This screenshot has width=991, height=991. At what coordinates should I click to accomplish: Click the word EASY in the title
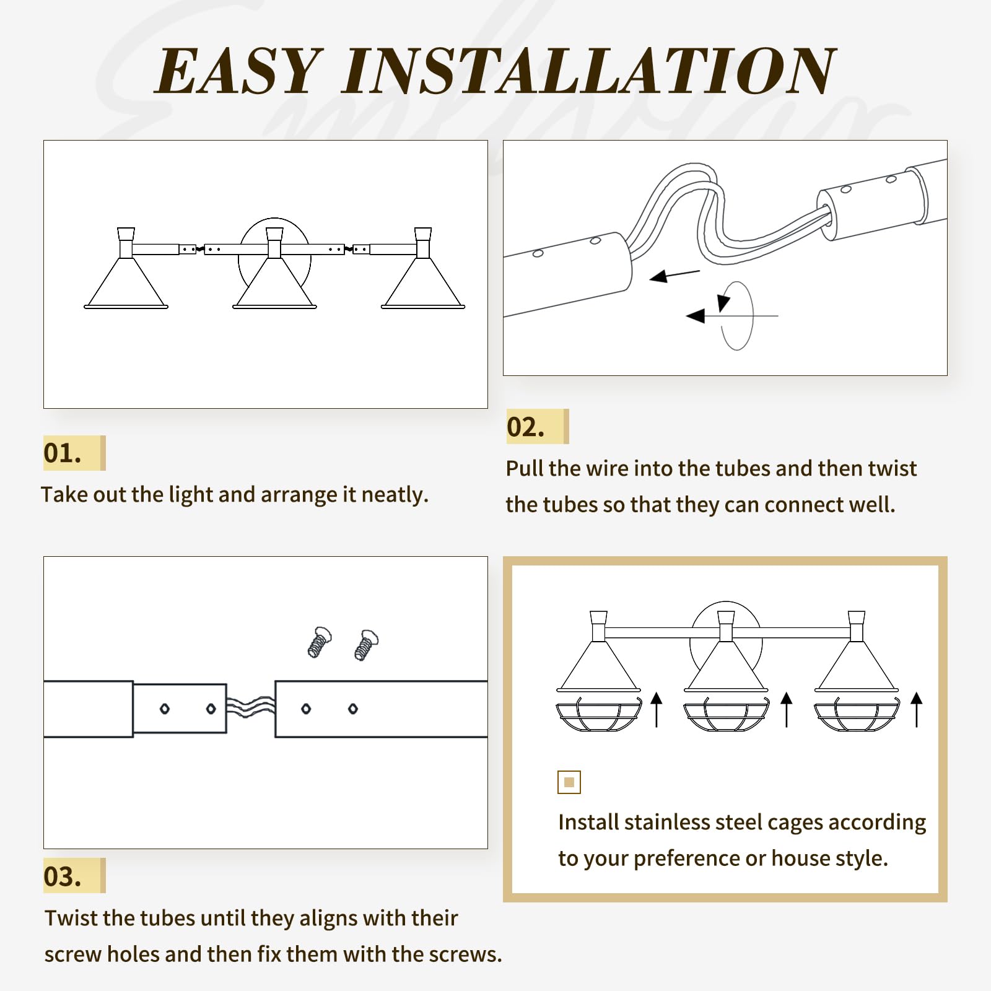click(238, 71)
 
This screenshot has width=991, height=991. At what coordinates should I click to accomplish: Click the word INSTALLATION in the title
click(589, 71)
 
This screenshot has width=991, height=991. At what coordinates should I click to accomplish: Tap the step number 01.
click(63, 453)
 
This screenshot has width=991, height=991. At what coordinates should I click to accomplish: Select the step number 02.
click(526, 427)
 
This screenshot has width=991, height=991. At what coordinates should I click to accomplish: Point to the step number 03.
click(63, 876)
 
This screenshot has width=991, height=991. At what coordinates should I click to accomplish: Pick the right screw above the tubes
click(367, 645)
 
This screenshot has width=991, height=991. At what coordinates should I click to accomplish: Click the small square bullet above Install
click(569, 782)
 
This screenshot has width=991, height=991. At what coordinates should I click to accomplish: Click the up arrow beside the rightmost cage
click(917, 710)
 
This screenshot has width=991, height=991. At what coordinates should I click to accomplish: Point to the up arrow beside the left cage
click(657, 710)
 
